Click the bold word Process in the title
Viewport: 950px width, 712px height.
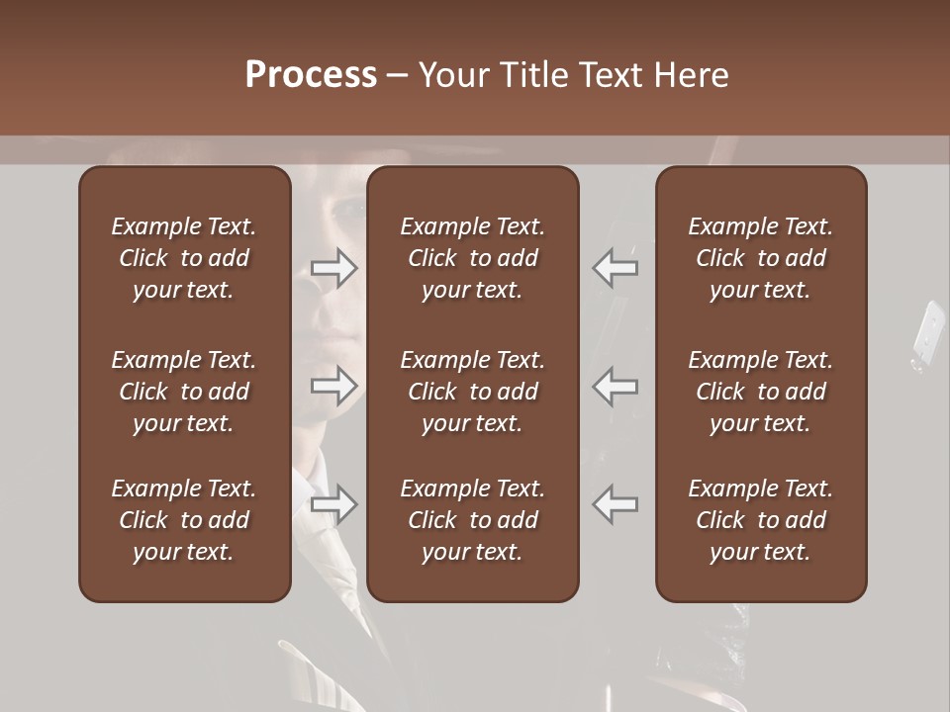tap(311, 75)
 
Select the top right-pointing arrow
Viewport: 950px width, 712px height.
tap(334, 268)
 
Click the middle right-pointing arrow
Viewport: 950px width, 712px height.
tap(334, 386)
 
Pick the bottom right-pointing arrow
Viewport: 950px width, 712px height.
tap(334, 504)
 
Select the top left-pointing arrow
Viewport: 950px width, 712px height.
tap(616, 268)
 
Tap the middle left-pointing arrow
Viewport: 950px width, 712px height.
tap(616, 386)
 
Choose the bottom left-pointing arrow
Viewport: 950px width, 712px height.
tap(616, 504)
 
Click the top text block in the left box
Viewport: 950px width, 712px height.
tap(184, 258)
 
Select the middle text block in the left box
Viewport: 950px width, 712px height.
tap(184, 392)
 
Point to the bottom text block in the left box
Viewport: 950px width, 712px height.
tap(184, 520)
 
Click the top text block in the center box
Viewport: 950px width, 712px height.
tap(472, 258)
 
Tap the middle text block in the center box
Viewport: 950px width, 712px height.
tap(472, 392)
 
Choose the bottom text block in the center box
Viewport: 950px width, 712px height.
tap(472, 520)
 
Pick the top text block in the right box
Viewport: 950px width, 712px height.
tap(760, 258)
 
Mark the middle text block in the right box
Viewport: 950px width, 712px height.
tap(760, 392)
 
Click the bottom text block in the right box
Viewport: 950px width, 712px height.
tap(760, 520)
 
